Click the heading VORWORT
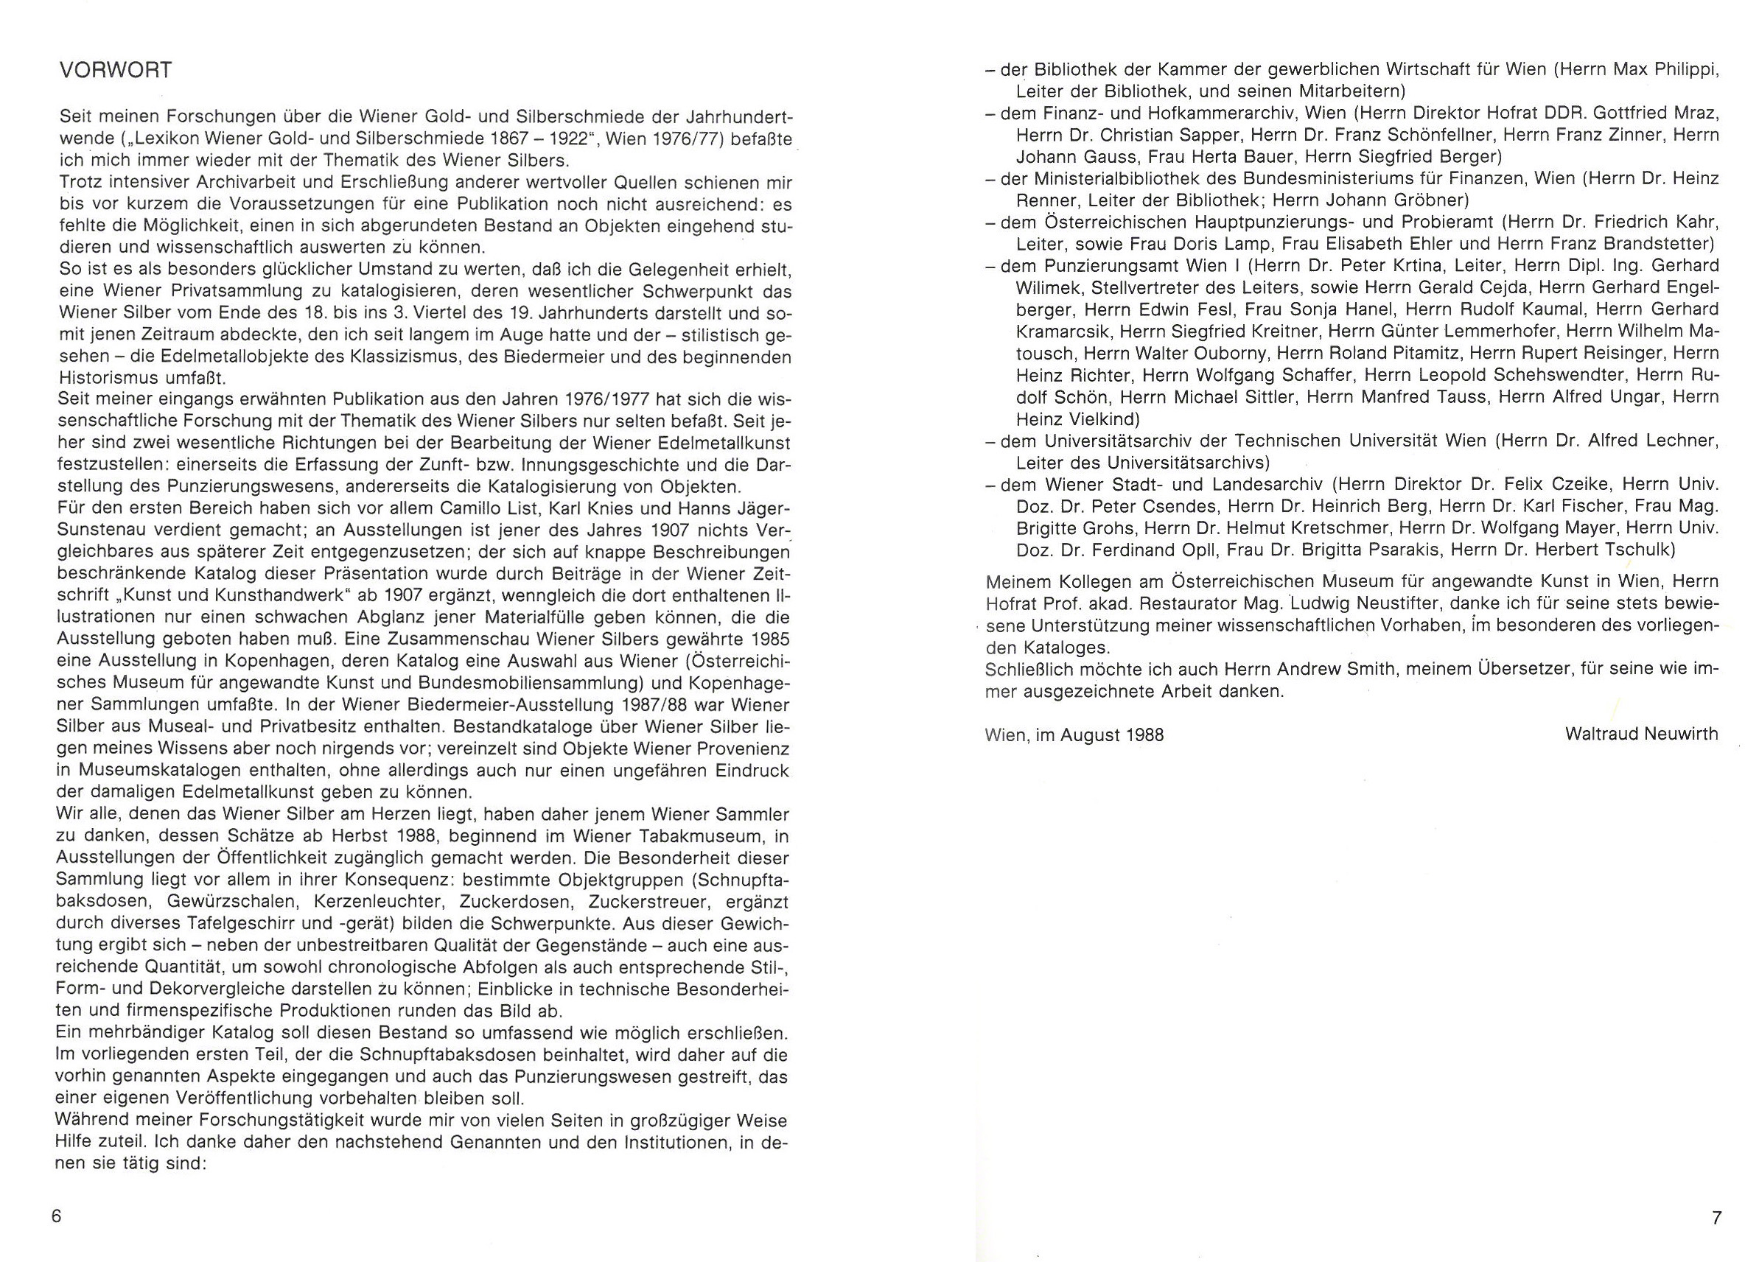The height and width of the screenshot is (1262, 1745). click(116, 71)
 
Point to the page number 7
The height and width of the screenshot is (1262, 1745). click(1716, 1218)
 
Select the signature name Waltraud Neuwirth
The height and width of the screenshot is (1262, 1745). click(1641, 734)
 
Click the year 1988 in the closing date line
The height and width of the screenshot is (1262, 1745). click(1144, 735)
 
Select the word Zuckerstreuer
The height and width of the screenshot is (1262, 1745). click(650, 901)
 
